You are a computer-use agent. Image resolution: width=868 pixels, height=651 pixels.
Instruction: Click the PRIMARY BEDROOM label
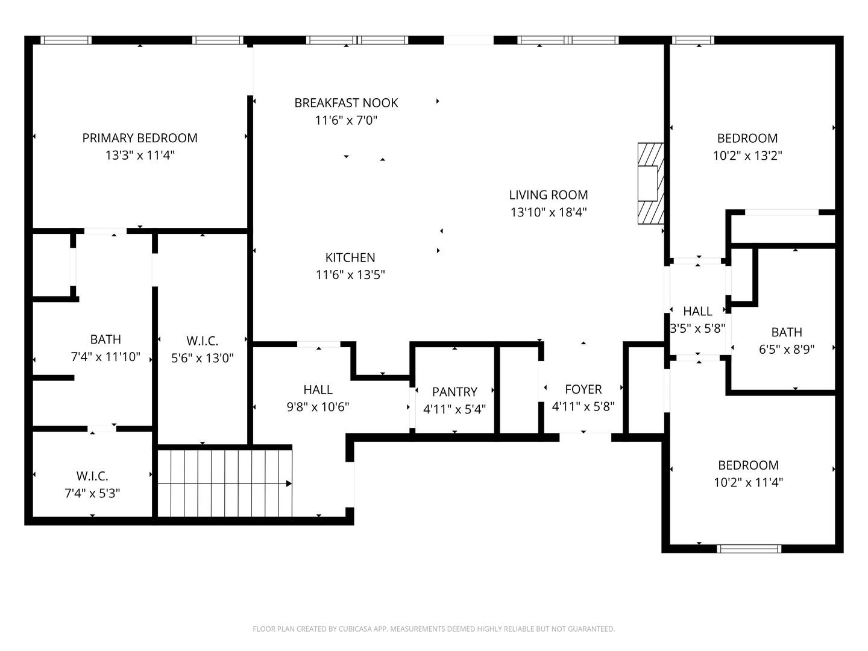(140, 138)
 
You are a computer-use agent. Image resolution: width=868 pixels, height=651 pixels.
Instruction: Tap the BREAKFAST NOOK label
(346, 102)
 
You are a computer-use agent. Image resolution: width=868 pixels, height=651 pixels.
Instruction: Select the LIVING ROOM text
(548, 195)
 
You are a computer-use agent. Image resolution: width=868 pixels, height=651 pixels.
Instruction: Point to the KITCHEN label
(350, 258)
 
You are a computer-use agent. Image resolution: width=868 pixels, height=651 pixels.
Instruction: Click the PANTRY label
(454, 392)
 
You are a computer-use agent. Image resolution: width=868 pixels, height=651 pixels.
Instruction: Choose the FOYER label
(583, 389)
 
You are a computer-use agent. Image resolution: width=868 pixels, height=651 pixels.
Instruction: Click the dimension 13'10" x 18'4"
(548, 212)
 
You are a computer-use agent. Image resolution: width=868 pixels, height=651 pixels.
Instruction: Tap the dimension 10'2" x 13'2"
(747, 156)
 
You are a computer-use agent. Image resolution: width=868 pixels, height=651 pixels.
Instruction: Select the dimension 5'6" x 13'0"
(202, 358)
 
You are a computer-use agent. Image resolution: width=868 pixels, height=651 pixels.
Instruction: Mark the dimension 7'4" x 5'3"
(92, 493)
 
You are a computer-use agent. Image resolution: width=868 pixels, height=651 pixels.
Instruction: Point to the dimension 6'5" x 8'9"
(786, 350)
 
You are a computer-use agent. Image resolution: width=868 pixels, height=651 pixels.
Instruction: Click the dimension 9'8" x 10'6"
(318, 407)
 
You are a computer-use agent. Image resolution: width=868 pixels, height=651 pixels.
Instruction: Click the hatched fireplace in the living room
(650, 183)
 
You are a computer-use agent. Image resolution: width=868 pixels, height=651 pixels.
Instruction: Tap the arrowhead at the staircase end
(289, 483)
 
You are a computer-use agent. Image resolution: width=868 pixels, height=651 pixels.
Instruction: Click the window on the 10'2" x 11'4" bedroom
(749, 549)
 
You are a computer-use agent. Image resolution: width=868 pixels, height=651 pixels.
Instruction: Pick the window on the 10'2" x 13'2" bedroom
(693, 40)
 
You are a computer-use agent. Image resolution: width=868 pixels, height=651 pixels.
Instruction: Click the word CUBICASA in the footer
(353, 629)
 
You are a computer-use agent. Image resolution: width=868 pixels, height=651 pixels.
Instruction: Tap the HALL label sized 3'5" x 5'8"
(697, 312)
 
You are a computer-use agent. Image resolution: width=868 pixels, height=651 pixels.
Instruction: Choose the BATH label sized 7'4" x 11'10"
(105, 339)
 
